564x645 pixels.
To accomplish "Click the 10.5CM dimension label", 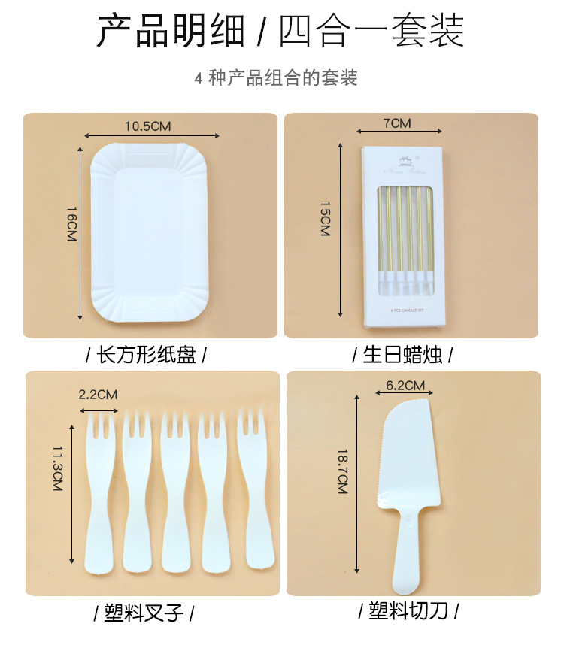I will click(148, 126).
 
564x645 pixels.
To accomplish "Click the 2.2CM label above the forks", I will click(98, 394).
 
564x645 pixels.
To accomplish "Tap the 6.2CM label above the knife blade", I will click(405, 386).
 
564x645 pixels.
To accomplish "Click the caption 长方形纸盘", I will click(146, 354).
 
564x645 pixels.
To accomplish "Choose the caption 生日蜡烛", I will click(407, 354).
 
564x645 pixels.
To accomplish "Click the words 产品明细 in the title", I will click(171, 32).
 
